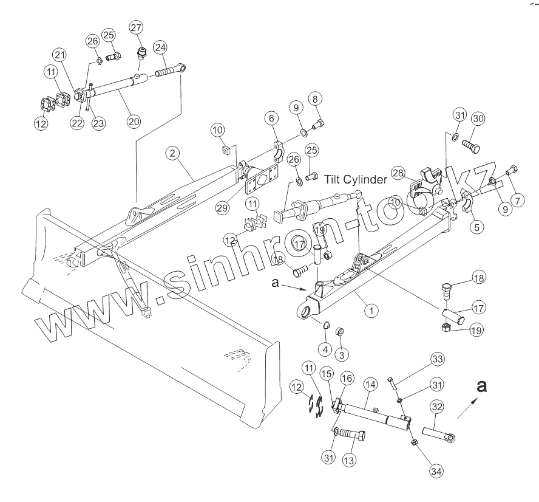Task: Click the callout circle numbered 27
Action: (136, 27)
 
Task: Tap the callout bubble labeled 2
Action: (174, 154)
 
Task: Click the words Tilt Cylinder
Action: (355, 180)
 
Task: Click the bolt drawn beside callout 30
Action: (471, 146)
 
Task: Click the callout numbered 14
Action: (370, 385)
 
